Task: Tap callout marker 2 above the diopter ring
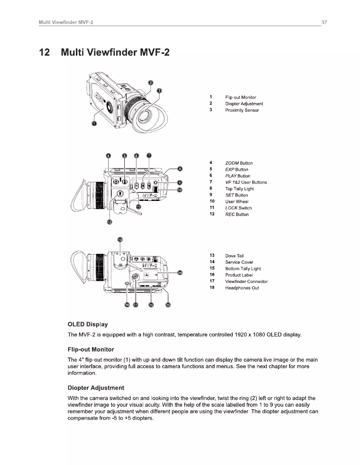click(151, 83)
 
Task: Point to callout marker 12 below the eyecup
click(109, 222)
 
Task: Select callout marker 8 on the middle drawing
click(180, 169)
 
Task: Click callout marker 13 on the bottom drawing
click(120, 239)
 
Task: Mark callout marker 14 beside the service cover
click(180, 272)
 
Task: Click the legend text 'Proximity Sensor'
click(242, 110)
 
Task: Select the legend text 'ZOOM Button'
click(239, 163)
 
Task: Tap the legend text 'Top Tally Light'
click(239, 189)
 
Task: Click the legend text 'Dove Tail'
click(234, 256)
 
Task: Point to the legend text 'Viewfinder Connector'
click(246, 282)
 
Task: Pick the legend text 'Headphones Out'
click(242, 288)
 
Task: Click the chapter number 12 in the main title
click(45, 52)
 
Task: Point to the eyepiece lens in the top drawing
click(145, 115)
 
